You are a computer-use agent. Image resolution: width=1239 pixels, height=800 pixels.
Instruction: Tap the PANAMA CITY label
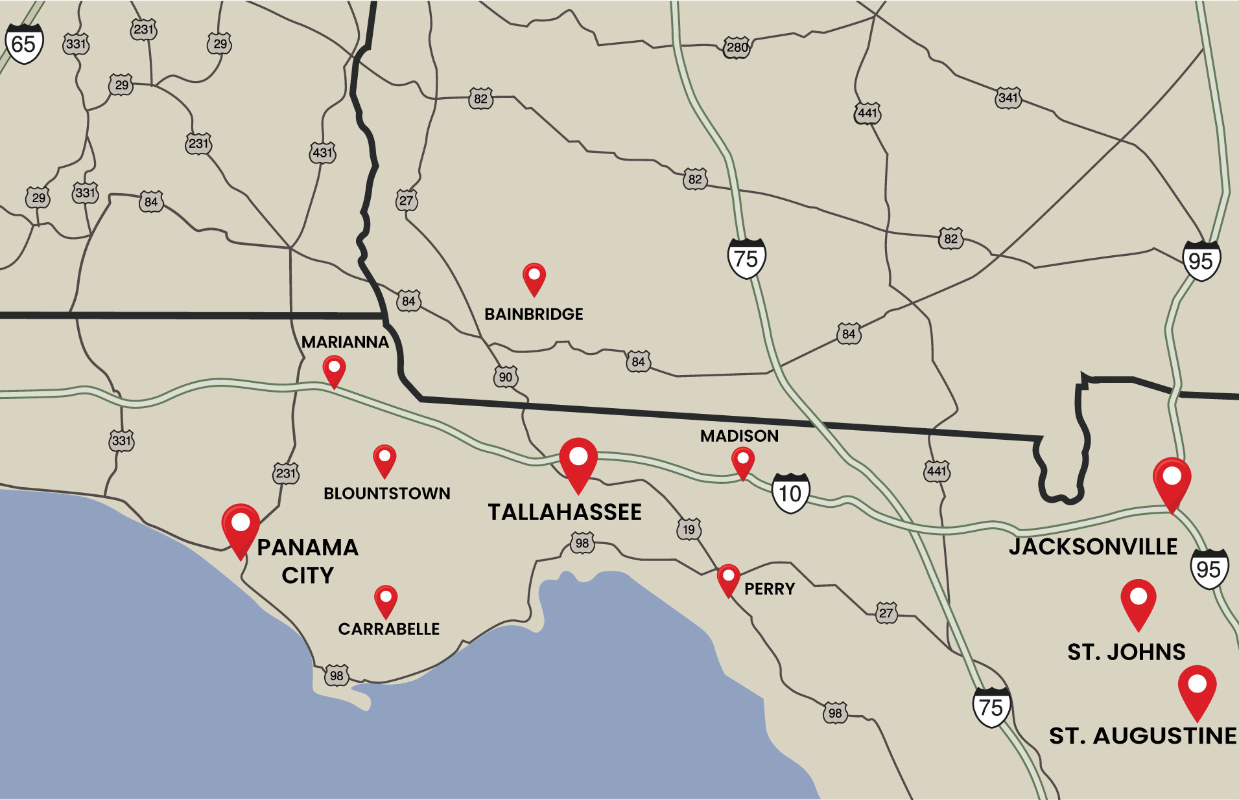pos(307,561)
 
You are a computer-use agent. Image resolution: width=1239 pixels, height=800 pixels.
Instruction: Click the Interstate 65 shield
pos(24,44)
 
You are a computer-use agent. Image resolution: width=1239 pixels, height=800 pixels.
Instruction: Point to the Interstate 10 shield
pos(790,494)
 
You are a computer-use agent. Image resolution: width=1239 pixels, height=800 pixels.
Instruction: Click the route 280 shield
pos(737,47)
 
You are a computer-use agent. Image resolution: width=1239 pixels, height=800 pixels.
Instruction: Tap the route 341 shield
pos(1008,98)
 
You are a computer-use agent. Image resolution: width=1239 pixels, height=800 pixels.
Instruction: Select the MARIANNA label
pos(345,342)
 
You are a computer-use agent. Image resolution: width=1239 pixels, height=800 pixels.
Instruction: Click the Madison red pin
pos(742,463)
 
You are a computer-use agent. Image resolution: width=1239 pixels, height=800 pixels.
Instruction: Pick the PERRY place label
pos(769,589)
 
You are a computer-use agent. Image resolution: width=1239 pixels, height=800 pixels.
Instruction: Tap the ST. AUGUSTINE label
pos(1142,736)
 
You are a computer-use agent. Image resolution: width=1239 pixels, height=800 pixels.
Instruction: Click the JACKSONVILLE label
pos(1092,547)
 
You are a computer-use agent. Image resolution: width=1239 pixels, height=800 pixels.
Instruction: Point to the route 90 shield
pos(505,377)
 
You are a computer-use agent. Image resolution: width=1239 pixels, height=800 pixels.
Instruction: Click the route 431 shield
pos(322,153)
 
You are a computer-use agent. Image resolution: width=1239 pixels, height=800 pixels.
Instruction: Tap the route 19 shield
pos(689,529)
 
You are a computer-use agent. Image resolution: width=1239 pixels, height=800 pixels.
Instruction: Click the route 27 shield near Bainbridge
pos(406,200)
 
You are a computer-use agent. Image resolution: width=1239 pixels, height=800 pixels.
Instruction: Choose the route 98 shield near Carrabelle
pos(336,676)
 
